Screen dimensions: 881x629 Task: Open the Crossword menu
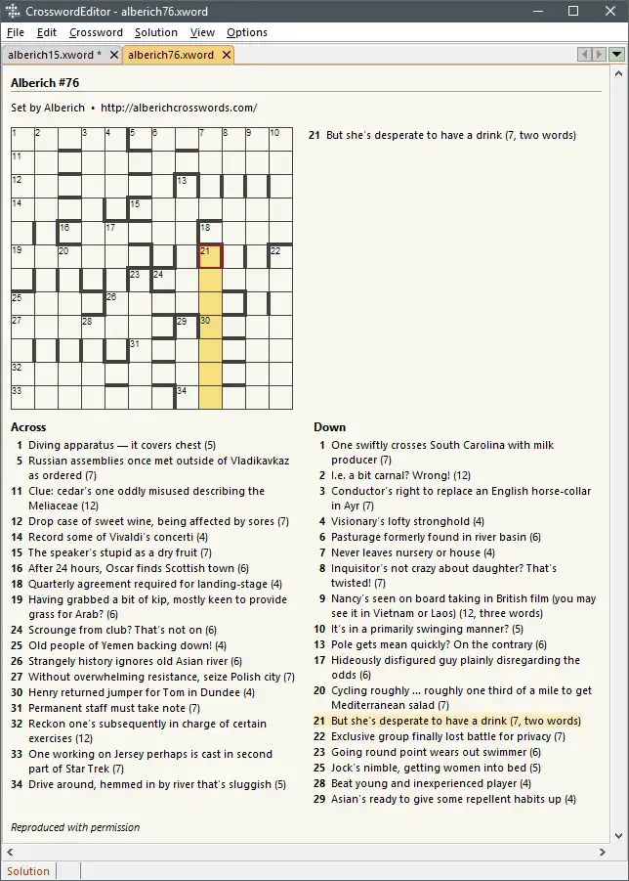(x=96, y=32)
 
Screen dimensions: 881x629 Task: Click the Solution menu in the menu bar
(x=156, y=32)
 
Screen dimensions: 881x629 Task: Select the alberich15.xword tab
(x=55, y=55)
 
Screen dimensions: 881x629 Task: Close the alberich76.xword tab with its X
(x=227, y=55)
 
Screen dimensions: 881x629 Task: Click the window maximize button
(x=573, y=11)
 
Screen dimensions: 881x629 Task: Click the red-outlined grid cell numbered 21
(x=210, y=256)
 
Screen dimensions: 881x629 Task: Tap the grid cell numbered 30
(x=210, y=327)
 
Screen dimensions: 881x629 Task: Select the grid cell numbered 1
(x=22, y=139)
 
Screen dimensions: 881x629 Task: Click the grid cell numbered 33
(x=22, y=397)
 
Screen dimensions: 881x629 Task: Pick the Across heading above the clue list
(x=28, y=427)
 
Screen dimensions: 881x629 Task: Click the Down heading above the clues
(x=328, y=427)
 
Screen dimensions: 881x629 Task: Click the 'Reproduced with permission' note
(x=75, y=827)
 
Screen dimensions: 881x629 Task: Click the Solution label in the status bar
(x=28, y=871)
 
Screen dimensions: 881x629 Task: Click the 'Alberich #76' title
(x=45, y=83)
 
